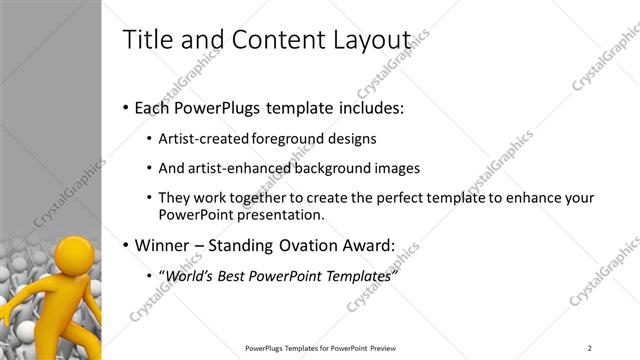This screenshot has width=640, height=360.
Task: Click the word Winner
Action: (163, 245)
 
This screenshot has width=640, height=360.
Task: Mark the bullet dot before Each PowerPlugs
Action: (125, 108)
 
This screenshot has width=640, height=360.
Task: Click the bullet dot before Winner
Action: (125, 245)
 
